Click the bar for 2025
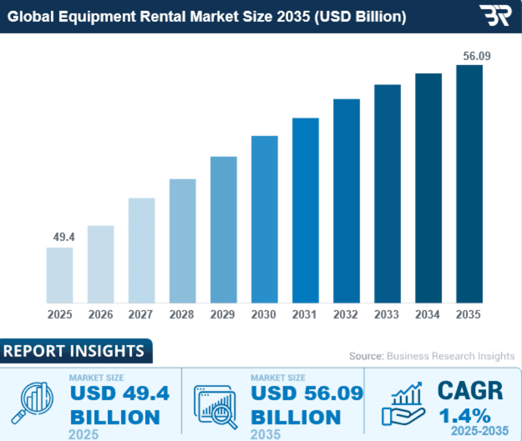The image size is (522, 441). tap(60, 275)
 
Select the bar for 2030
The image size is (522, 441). tap(264, 219)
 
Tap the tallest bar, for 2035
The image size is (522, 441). tap(469, 184)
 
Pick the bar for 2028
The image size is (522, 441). tap(182, 241)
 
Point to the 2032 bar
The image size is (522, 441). tap(346, 201)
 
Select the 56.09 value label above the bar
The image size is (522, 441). tap(470, 56)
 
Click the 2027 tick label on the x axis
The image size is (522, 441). tap(141, 315)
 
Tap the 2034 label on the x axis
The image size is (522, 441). tap(428, 315)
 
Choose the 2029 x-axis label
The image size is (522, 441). tap(223, 315)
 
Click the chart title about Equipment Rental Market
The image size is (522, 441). tap(206, 17)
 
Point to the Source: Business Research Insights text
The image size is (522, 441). tap(432, 356)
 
